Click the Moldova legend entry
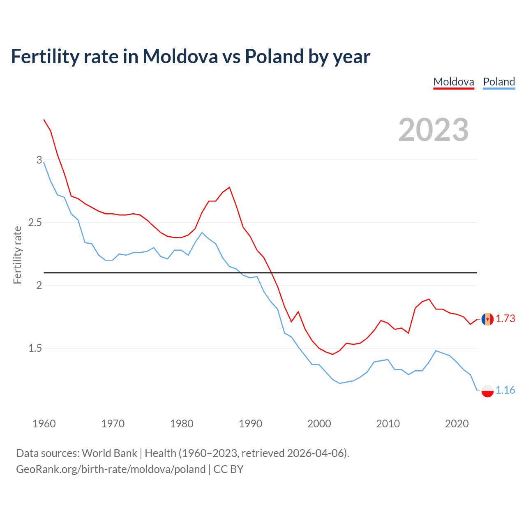point(454,82)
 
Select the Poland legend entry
point(499,82)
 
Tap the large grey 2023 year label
point(433,130)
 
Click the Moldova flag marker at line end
point(487,319)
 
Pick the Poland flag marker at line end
point(487,390)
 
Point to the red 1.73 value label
point(505,318)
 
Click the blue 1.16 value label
point(505,390)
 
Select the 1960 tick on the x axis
point(44,424)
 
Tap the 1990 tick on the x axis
point(250,424)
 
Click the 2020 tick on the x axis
point(457,424)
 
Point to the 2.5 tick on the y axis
point(35,223)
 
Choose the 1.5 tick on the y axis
point(35,348)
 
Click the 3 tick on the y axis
point(39,160)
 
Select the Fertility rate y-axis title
point(17,255)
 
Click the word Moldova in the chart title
point(180,57)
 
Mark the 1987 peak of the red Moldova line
point(229,187)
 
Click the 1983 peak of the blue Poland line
point(202,233)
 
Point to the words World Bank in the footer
point(109,453)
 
